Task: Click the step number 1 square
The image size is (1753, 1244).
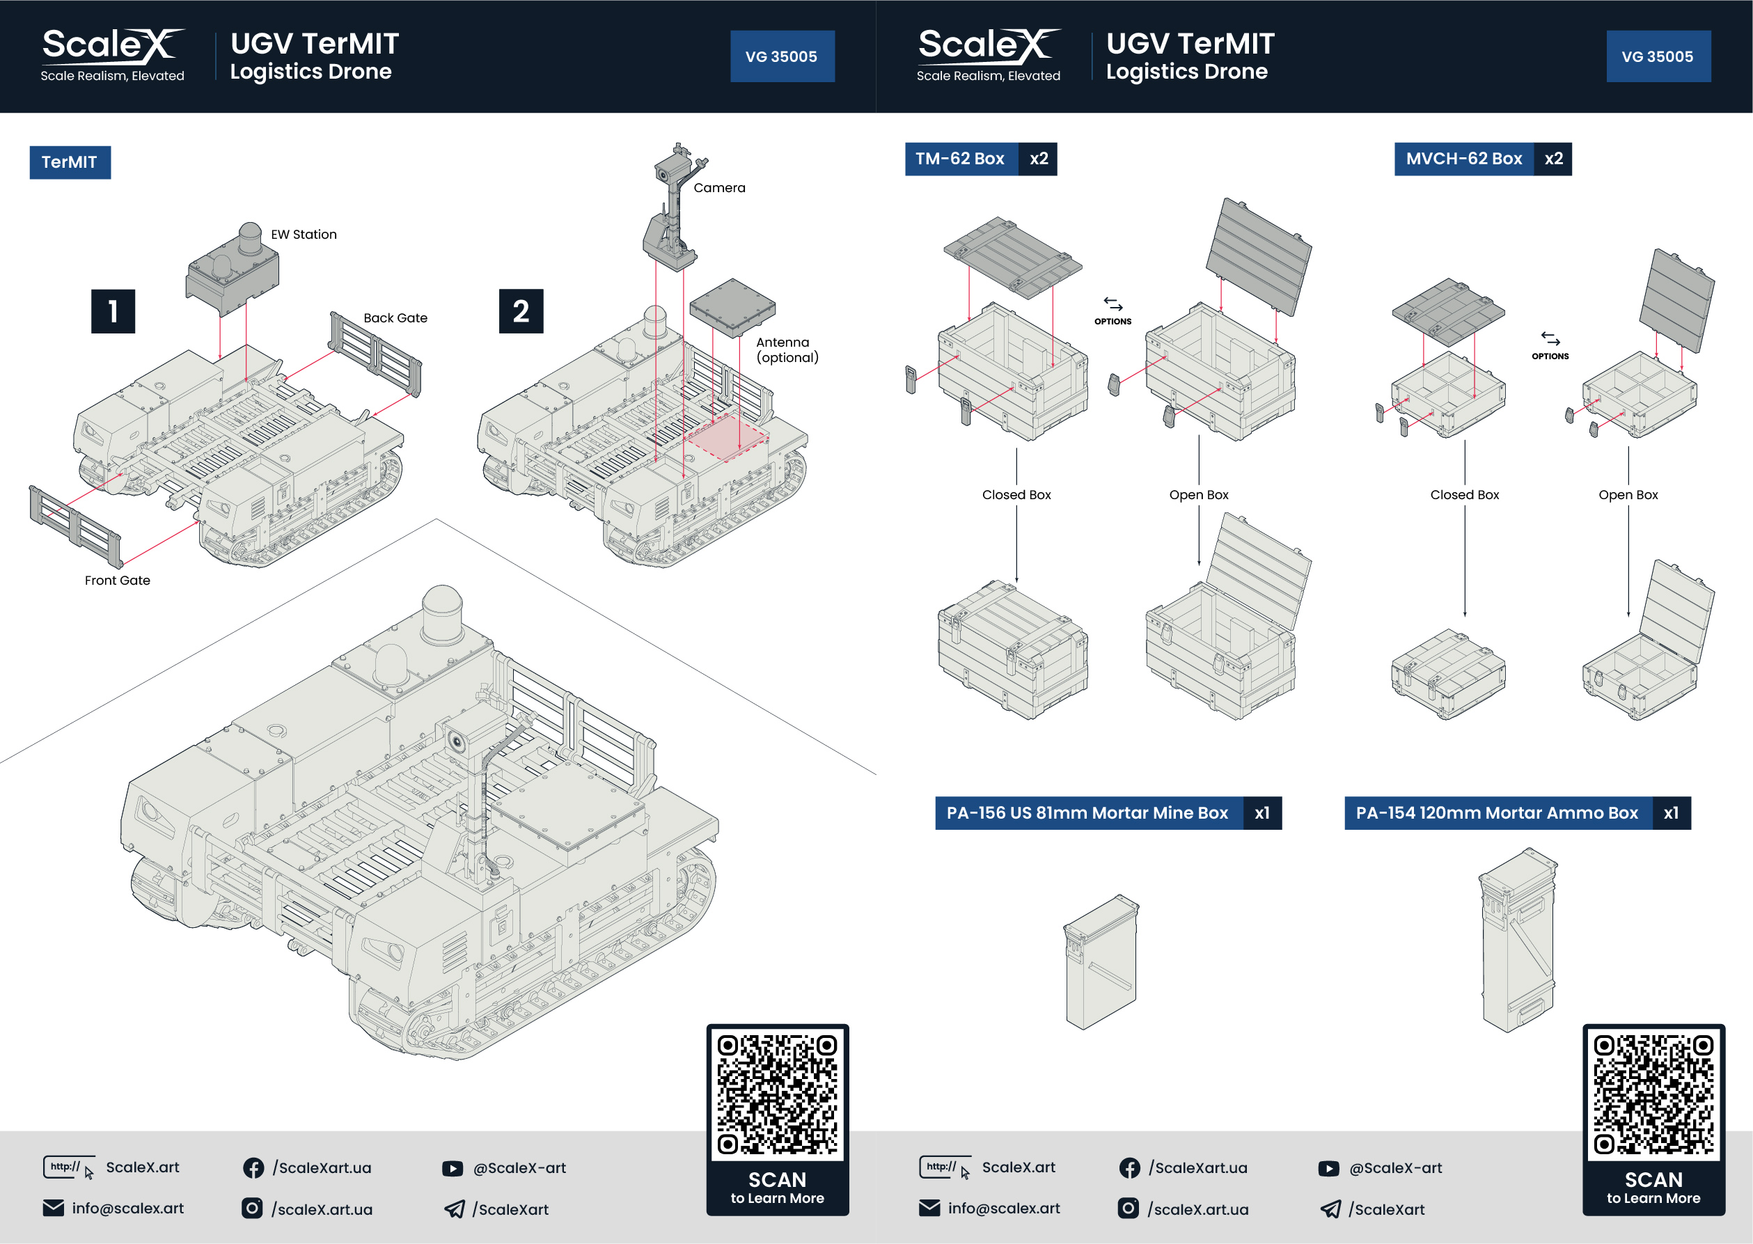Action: (113, 311)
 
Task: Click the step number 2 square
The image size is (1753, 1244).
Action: (521, 311)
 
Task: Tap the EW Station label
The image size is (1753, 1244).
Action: (304, 235)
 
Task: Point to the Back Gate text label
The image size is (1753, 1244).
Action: (395, 318)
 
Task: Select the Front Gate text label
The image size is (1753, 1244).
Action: (117, 581)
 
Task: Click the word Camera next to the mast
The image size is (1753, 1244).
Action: (719, 188)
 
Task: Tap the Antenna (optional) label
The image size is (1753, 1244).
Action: (787, 350)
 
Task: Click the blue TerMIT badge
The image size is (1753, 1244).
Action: (70, 162)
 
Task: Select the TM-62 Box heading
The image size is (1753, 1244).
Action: (960, 159)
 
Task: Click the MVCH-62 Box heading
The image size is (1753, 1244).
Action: (1463, 159)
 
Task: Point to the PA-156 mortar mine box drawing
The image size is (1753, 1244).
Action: (1101, 962)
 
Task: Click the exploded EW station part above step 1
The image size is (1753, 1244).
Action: (232, 272)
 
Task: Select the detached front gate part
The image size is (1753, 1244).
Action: (75, 526)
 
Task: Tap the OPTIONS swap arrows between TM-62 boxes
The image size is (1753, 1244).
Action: (1113, 305)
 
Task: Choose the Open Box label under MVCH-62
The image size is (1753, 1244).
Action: (1628, 495)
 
